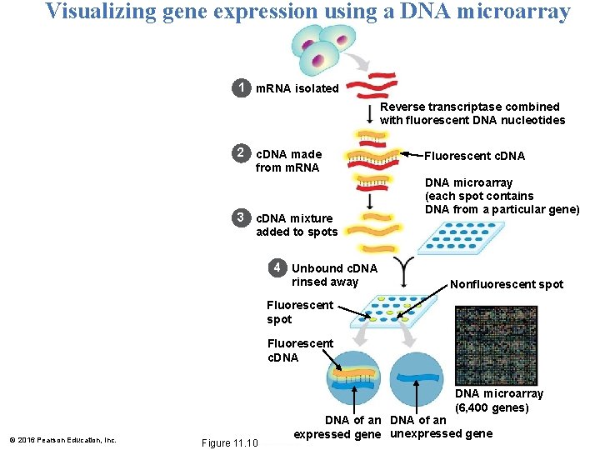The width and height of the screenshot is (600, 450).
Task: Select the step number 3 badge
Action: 240,218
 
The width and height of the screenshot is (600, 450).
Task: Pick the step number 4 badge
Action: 276,268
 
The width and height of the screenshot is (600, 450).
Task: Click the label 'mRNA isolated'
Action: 297,88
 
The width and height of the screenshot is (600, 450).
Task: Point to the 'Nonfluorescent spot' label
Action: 507,284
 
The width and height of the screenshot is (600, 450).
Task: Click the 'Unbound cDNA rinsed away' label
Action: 334,275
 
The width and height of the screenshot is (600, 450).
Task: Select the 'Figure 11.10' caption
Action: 230,442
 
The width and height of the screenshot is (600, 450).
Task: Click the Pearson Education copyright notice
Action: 62,440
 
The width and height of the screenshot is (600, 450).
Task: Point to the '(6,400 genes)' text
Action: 492,407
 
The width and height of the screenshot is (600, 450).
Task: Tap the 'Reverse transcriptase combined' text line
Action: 470,107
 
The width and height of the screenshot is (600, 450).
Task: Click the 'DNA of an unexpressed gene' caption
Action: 440,427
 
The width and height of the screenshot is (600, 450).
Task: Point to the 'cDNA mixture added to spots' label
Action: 297,225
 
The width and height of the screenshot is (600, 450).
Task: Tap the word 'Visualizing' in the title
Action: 101,12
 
